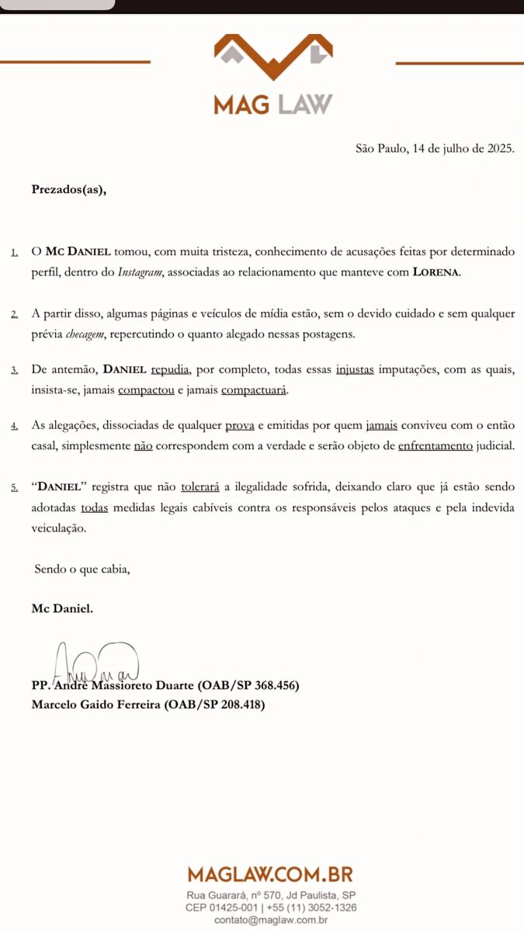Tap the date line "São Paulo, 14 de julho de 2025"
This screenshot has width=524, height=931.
435,148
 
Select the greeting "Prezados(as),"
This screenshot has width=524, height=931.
69,189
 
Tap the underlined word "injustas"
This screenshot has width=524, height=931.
355,370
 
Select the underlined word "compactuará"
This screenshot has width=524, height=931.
254,389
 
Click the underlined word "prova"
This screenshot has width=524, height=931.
240,426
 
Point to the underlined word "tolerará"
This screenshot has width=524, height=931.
200,487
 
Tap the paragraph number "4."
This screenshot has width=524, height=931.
16,427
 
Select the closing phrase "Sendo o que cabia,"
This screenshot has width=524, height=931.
82,569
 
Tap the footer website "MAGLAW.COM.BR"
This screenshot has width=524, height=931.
270,875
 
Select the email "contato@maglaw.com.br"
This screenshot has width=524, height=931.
271,920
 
